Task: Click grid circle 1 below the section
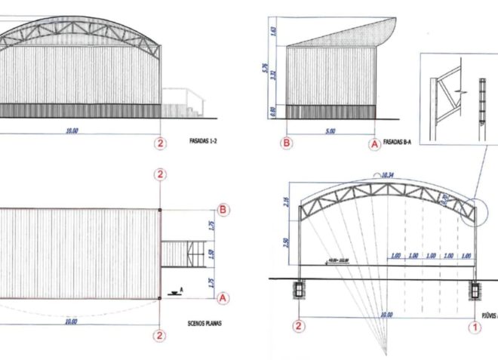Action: tap(475, 326)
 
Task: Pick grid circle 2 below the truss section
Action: tap(300, 326)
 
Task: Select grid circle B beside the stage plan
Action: tap(223, 209)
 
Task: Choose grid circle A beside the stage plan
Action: tap(223, 298)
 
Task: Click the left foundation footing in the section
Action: tap(300, 288)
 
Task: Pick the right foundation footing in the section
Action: tap(475, 288)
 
